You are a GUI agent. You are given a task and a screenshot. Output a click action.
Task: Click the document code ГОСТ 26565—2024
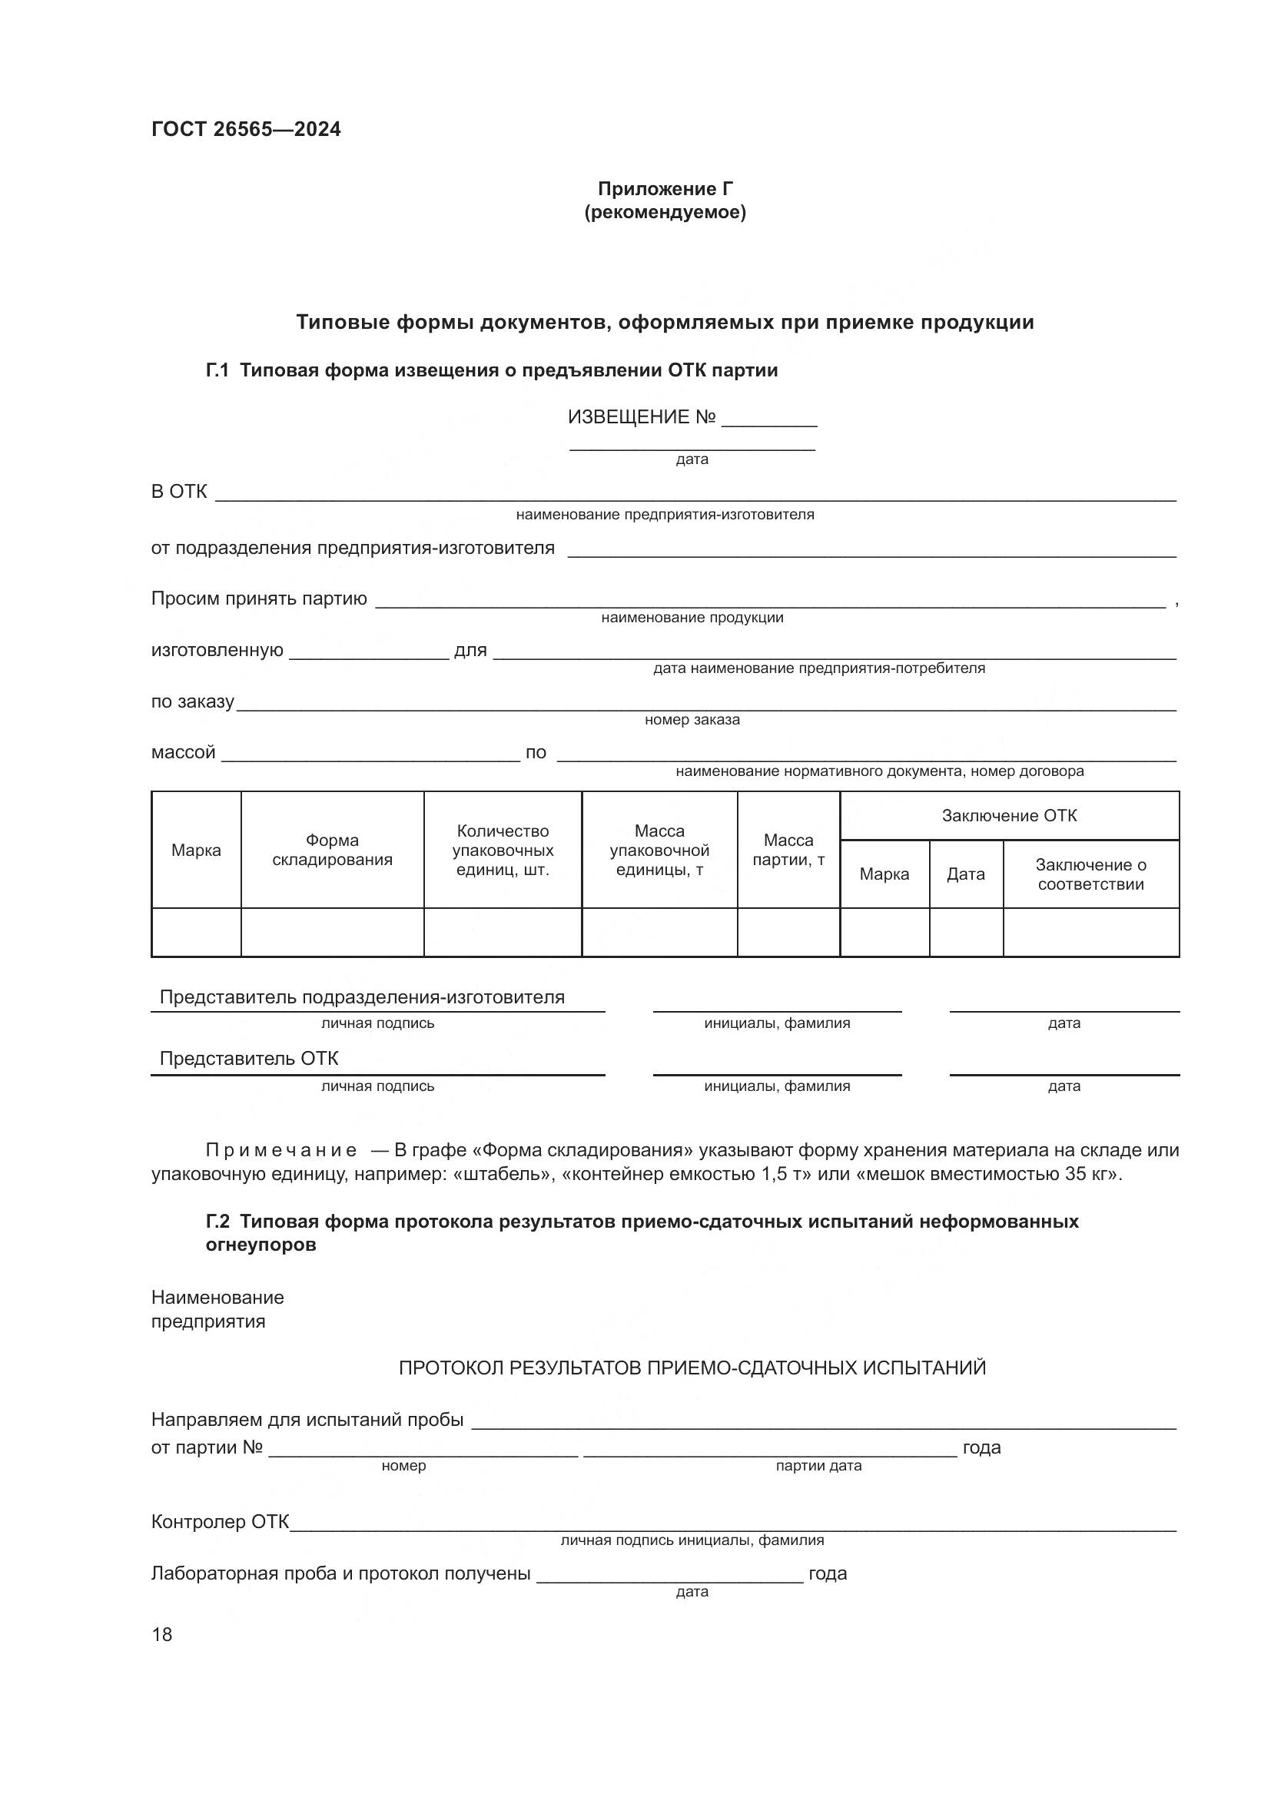246,130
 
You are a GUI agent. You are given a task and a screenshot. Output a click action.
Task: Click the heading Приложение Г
665,189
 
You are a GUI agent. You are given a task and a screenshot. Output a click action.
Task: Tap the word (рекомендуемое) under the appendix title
665,212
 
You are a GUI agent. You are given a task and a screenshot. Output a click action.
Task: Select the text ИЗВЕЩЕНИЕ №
641,417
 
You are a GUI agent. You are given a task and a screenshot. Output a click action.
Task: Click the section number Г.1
217,370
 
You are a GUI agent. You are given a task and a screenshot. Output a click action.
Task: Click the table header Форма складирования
332,850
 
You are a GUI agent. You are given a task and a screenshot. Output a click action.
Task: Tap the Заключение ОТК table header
1009,816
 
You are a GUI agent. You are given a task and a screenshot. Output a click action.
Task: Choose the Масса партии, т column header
788,850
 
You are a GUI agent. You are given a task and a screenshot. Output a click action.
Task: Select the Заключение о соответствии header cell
1090,874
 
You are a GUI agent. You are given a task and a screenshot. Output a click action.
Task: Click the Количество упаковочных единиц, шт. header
503,850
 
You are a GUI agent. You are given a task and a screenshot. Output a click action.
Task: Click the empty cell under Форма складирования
332,932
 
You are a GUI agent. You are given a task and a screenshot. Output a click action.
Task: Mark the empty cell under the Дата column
966,932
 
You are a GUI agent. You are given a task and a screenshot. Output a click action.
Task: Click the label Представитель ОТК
249,1059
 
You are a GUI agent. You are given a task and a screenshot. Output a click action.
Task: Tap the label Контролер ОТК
220,1522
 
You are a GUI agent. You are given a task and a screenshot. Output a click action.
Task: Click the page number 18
162,1634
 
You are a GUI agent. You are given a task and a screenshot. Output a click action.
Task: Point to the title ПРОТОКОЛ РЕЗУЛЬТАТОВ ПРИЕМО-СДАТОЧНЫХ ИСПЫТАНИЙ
692,1368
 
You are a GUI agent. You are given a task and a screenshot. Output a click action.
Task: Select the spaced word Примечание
281,1151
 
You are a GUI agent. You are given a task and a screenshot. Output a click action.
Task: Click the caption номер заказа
692,720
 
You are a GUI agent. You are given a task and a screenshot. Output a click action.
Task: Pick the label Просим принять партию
258,599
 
